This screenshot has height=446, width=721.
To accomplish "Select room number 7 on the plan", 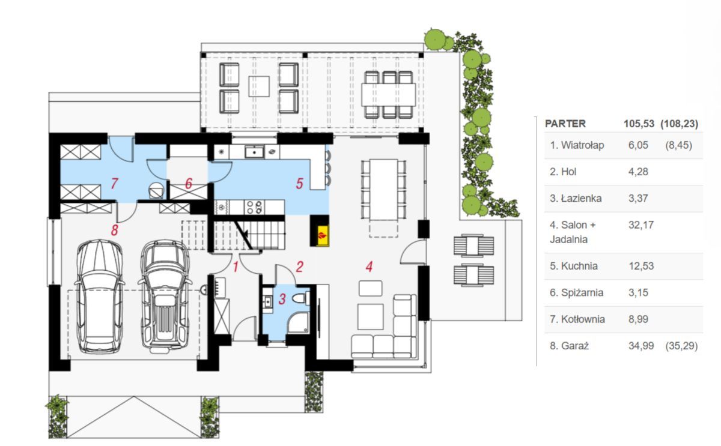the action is tap(114, 183).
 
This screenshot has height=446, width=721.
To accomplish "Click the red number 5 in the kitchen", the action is tap(299, 184).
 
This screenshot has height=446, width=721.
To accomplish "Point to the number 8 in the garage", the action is tap(114, 231).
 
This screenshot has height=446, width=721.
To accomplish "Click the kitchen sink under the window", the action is tap(254, 151).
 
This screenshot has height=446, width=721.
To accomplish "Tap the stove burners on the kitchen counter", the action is tap(254, 206).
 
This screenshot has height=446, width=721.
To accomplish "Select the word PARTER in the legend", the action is tap(565, 124).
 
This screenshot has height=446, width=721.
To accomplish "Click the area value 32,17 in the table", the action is tap(641, 225).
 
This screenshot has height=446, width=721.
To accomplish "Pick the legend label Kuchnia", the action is tap(579, 266).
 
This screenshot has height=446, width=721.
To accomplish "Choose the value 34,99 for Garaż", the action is tap(641, 346).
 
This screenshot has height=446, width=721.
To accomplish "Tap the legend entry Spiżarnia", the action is tap(582, 292).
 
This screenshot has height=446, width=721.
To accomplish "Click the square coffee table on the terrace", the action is tap(259, 86).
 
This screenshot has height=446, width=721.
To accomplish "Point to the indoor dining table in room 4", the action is tap(383, 190).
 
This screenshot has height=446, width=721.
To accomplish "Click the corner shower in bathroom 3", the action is tap(298, 322).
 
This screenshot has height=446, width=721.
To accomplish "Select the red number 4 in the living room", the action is tap(369, 267).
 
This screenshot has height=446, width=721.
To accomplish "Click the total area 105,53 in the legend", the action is tap(639, 124).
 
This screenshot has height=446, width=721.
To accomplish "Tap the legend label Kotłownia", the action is tap(583, 319).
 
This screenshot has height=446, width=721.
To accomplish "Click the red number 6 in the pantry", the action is tap(189, 184).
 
